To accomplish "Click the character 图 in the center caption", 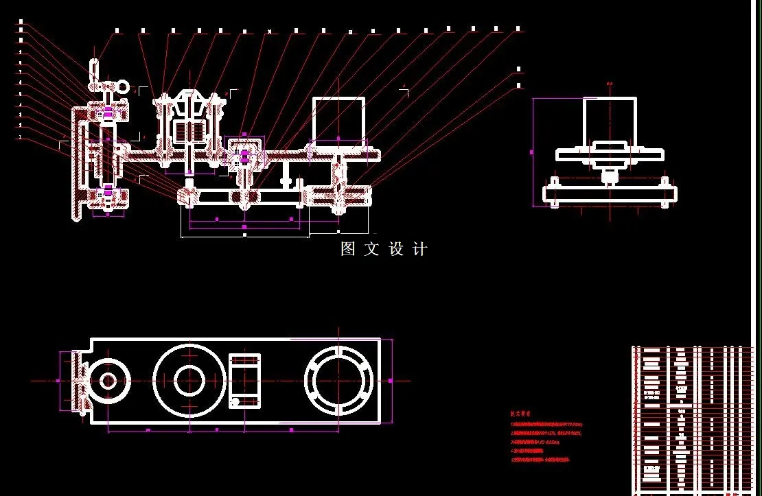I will point(349,250).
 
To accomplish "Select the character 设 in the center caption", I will point(396,250).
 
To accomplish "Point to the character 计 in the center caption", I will point(419,250).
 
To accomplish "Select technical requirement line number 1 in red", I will point(546,425).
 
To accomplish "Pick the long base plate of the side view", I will point(610,194).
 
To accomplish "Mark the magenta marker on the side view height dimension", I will point(533,152).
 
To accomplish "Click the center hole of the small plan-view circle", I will point(108,380).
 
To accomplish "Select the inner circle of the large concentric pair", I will point(189,380).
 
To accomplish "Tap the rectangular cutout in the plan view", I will point(244,380).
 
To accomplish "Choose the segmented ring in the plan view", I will point(339,380).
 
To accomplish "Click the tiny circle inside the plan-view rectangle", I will point(235,402).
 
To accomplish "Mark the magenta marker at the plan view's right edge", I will point(391,380).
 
